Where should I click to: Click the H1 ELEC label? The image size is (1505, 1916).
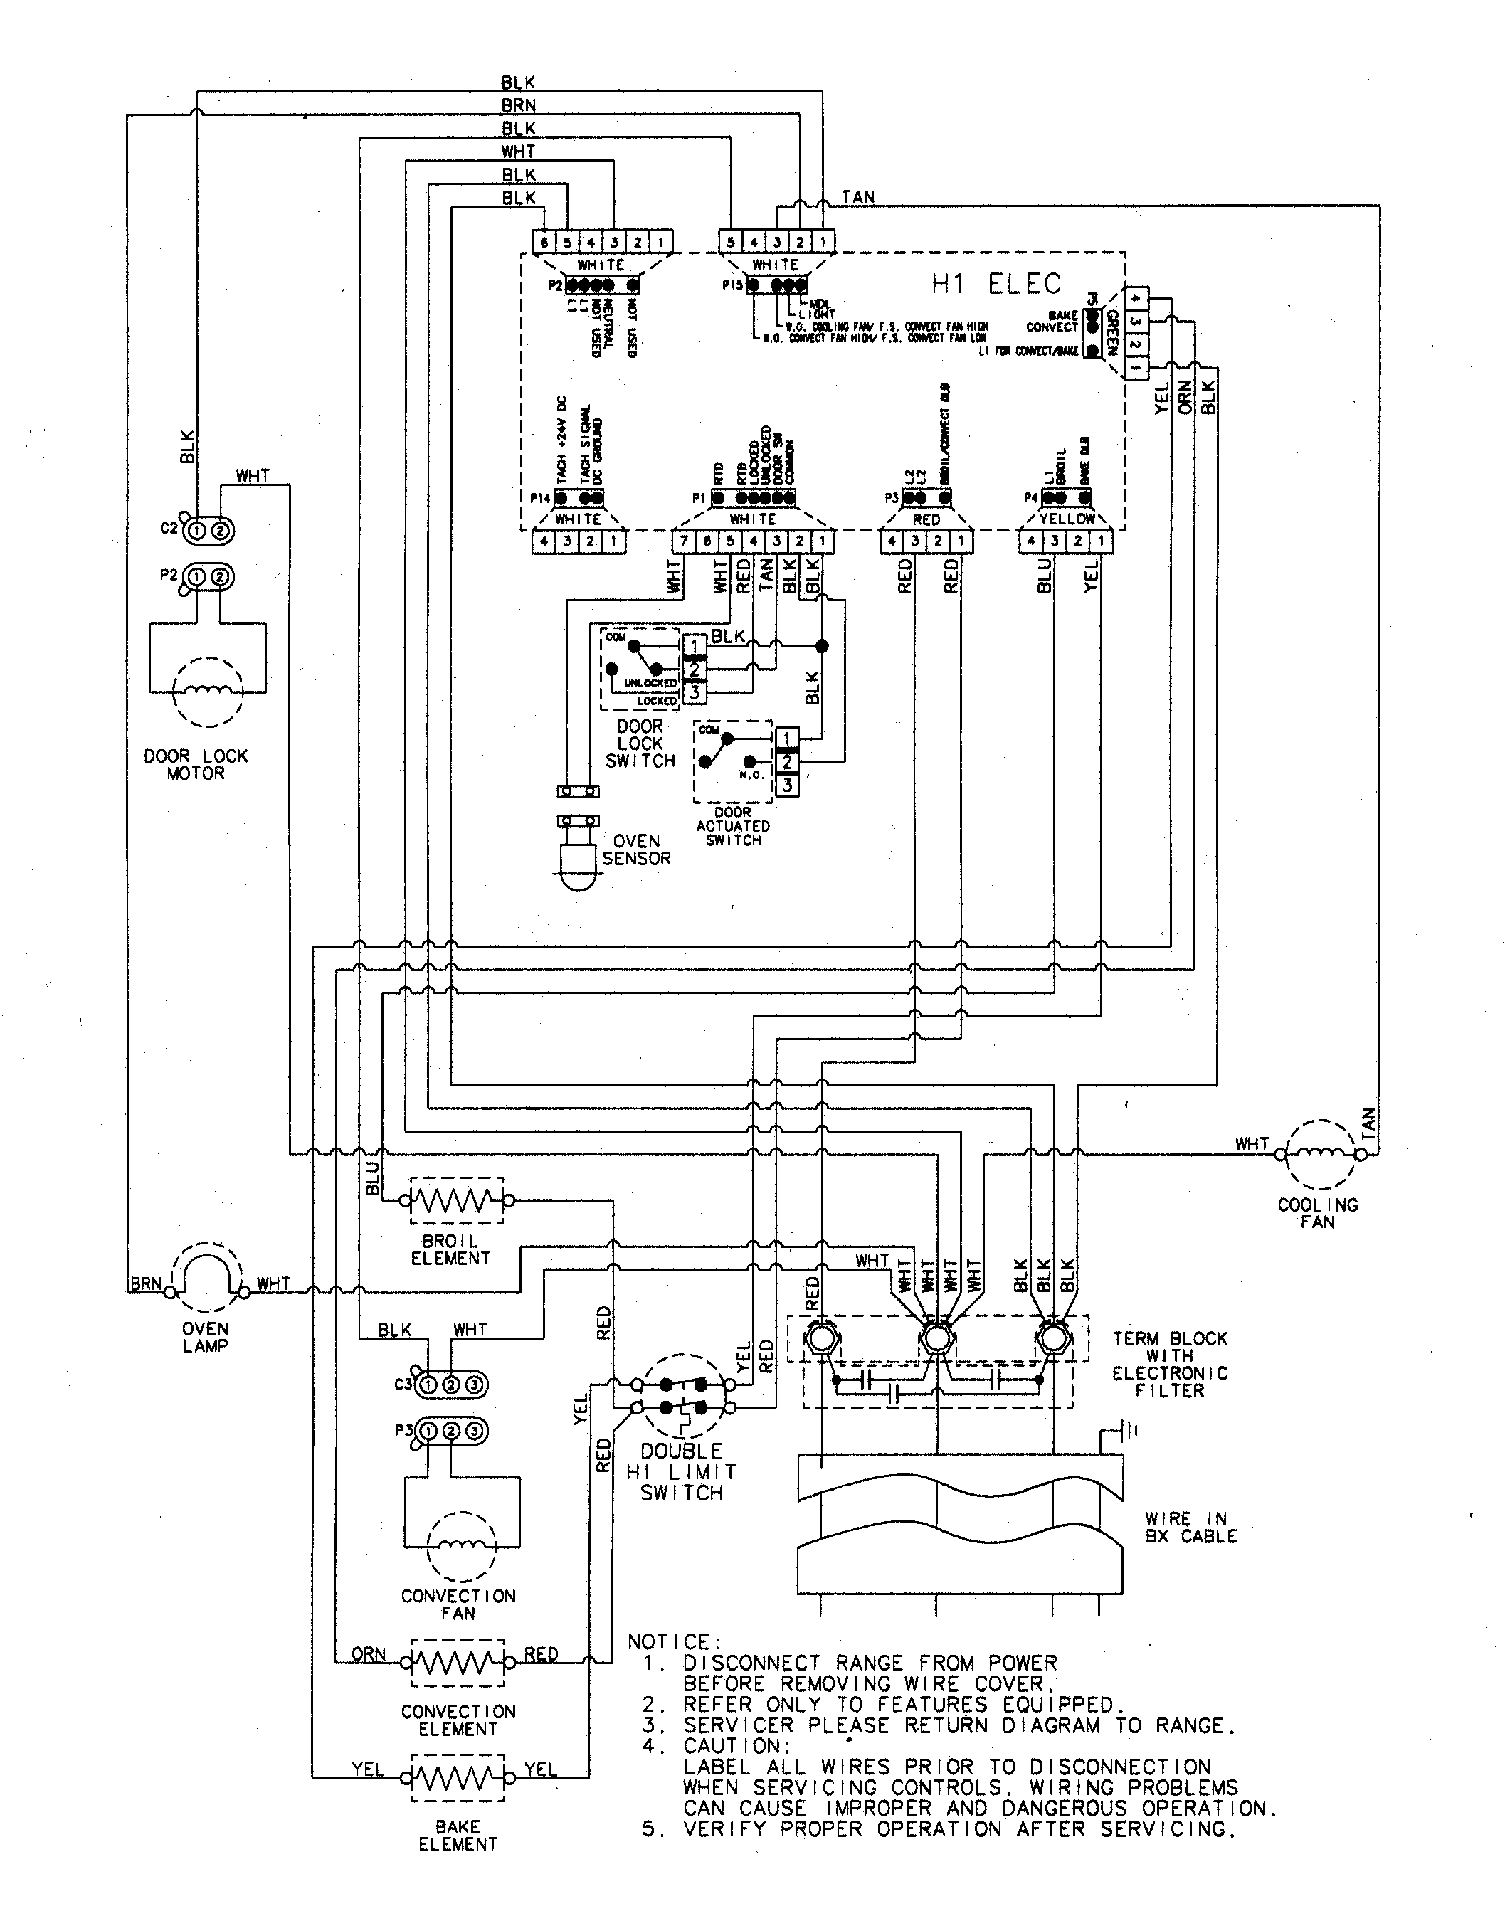point(996,284)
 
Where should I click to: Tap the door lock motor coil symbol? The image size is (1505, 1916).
point(208,692)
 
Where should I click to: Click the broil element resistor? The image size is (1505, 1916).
point(456,1200)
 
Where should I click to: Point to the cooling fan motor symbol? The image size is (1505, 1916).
point(1319,1154)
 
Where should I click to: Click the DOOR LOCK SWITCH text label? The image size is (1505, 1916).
point(640,743)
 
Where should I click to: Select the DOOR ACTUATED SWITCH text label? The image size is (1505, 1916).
point(732,826)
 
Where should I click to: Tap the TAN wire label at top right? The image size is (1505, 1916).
point(857,197)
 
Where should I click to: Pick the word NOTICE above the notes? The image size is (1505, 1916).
point(674,1642)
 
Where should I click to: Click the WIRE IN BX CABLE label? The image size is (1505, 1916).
point(1190,1528)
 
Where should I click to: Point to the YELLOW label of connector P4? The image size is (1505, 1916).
point(1066,519)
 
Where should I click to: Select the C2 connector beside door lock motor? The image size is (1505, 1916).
point(208,530)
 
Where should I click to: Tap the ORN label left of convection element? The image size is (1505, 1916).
point(369,1654)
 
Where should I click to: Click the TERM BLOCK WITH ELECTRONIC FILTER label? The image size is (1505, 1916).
point(1169,1364)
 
